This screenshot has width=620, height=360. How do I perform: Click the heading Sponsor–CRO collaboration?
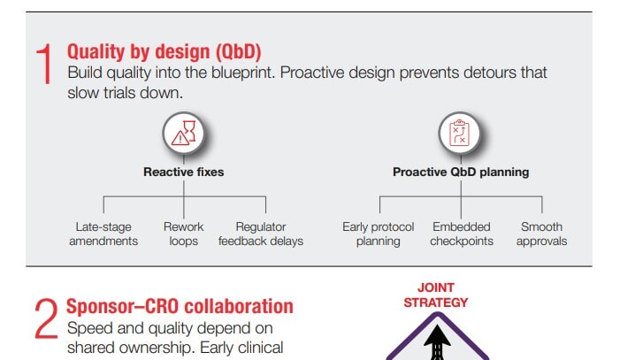tap(180, 307)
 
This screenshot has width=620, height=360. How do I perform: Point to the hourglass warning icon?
tap(184, 134)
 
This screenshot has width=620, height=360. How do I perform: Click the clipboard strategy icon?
tap(460, 134)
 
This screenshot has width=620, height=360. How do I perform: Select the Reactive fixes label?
tap(184, 172)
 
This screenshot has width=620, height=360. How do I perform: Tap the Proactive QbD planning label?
tap(461, 172)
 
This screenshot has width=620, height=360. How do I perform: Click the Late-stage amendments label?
tap(103, 234)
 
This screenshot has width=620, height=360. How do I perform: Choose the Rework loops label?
tap(184, 234)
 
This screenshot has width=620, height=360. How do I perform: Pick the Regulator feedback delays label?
tap(261, 234)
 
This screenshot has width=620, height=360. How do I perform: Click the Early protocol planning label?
tap(379, 234)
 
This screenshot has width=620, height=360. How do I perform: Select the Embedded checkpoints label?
tap(462, 234)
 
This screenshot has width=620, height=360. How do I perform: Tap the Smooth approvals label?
tap(541, 234)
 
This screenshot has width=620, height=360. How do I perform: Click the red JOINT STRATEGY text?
tap(436, 295)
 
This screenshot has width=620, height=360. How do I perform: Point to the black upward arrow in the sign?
tap(436, 343)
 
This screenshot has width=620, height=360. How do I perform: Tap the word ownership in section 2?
tap(149, 348)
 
